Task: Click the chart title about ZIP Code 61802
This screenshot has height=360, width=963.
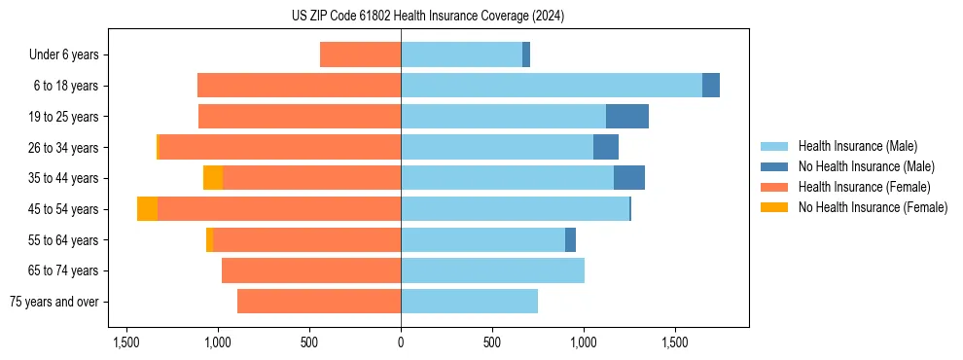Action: point(428,17)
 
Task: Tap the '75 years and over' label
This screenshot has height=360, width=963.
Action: point(54,302)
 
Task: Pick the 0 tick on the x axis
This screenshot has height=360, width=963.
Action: point(401,343)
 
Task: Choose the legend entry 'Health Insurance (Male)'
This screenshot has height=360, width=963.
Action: point(857,146)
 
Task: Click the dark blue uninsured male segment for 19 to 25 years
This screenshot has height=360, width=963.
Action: point(626,117)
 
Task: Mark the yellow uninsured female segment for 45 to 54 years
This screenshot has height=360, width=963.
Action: point(147,209)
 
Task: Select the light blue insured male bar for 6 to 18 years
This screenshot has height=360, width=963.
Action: point(552,86)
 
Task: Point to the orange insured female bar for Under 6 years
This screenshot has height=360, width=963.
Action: point(360,55)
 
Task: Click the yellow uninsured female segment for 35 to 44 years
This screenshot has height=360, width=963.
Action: point(212,178)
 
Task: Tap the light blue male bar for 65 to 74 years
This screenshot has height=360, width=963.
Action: point(492,270)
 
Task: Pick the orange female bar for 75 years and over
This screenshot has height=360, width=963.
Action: point(319,302)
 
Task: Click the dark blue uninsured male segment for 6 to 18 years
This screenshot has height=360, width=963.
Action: point(711,86)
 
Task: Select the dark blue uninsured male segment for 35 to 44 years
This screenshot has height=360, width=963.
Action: point(628,178)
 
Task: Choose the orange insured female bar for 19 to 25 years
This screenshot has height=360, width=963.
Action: point(300,117)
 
